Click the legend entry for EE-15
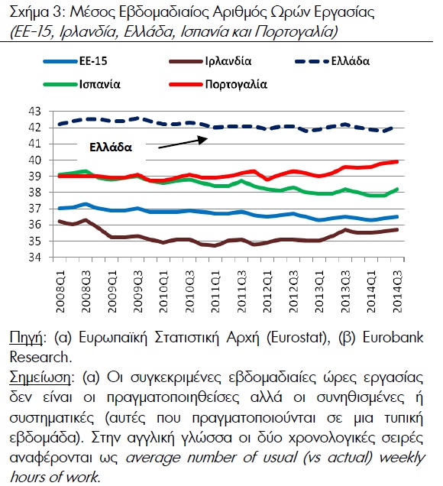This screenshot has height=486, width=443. pos(75,61)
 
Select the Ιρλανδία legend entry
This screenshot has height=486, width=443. pos(210,61)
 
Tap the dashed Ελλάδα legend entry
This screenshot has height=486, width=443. pos(332,61)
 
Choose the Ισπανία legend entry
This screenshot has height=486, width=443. pos(82,84)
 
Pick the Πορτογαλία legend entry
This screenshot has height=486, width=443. pos(218,84)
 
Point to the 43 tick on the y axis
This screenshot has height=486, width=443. pos(34,112)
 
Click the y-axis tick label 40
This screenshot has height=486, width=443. pos(34,160)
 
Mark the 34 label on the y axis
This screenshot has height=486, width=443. pos(34,258)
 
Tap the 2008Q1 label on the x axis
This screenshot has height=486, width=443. pos(60,291)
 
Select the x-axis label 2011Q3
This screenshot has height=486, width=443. pos(242,291)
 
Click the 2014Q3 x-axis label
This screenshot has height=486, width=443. pos(397,291)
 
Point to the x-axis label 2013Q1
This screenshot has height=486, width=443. pos(320,291)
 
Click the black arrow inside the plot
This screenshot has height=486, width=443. pos(183,143)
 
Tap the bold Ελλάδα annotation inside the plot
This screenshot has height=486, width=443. pos(111,147)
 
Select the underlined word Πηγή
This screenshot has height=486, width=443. pos(26,338)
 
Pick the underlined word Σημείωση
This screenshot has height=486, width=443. pos(40,378)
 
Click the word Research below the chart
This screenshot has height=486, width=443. pos(39,357)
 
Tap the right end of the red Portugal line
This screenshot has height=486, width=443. pos(397,161)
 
